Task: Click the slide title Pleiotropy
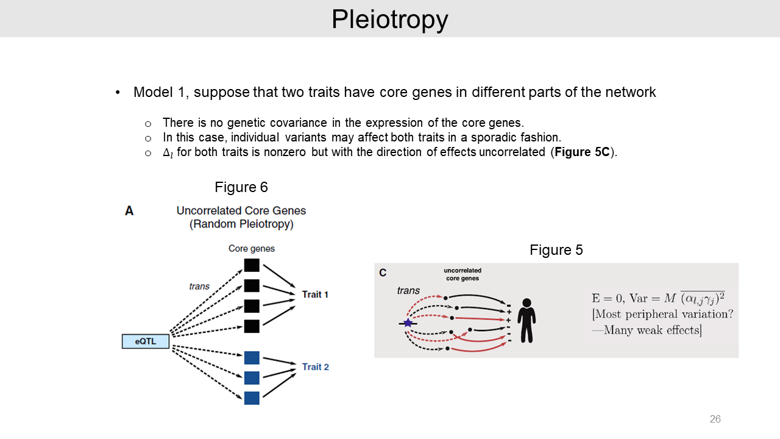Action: [390, 20]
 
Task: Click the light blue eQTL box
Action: [146, 341]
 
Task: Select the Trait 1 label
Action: [315, 294]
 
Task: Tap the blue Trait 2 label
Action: [315, 367]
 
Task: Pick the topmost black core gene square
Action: [252, 265]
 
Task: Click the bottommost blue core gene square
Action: [252, 398]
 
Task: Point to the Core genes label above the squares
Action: [251, 249]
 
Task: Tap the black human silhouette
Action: [526, 319]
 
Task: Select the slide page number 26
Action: [715, 419]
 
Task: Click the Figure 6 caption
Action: [241, 187]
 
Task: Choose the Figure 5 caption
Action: [556, 250]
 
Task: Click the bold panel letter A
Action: [129, 211]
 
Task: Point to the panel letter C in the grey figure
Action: [383, 273]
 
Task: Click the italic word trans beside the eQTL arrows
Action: [199, 286]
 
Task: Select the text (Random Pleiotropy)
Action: [241, 224]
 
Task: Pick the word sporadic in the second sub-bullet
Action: [494, 137]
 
